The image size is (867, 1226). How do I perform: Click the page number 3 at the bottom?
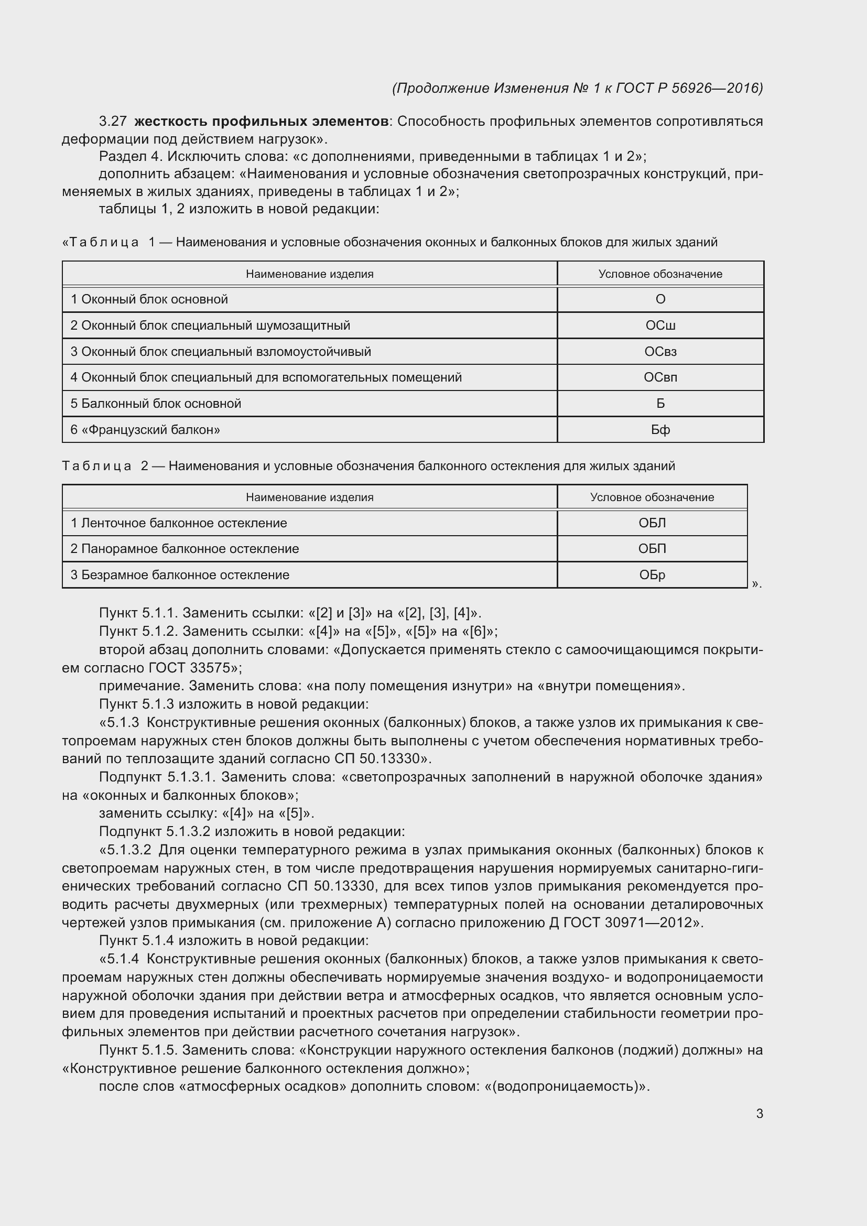[759, 1114]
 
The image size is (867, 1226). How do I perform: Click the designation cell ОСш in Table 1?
[660, 325]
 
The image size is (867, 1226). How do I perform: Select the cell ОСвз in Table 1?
[660, 351]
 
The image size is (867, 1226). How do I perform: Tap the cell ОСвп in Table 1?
[660, 377]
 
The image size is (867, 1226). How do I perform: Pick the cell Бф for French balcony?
[660, 430]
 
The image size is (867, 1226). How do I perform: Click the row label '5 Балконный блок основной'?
[156, 404]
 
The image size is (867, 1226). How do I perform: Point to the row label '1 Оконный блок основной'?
[149, 299]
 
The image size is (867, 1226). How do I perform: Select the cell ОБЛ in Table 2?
[652, 523]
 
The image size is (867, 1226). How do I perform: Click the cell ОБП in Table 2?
[652, 549]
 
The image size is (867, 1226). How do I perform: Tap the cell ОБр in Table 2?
[652, 575]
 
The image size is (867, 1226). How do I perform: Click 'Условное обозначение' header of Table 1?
[660, 274]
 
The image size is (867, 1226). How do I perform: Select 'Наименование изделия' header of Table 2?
[310, 497]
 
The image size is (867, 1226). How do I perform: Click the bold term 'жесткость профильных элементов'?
[261, 122]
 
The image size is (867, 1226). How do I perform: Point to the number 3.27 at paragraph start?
[112, 122]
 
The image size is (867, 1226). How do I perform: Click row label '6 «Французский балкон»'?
[145, 430]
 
